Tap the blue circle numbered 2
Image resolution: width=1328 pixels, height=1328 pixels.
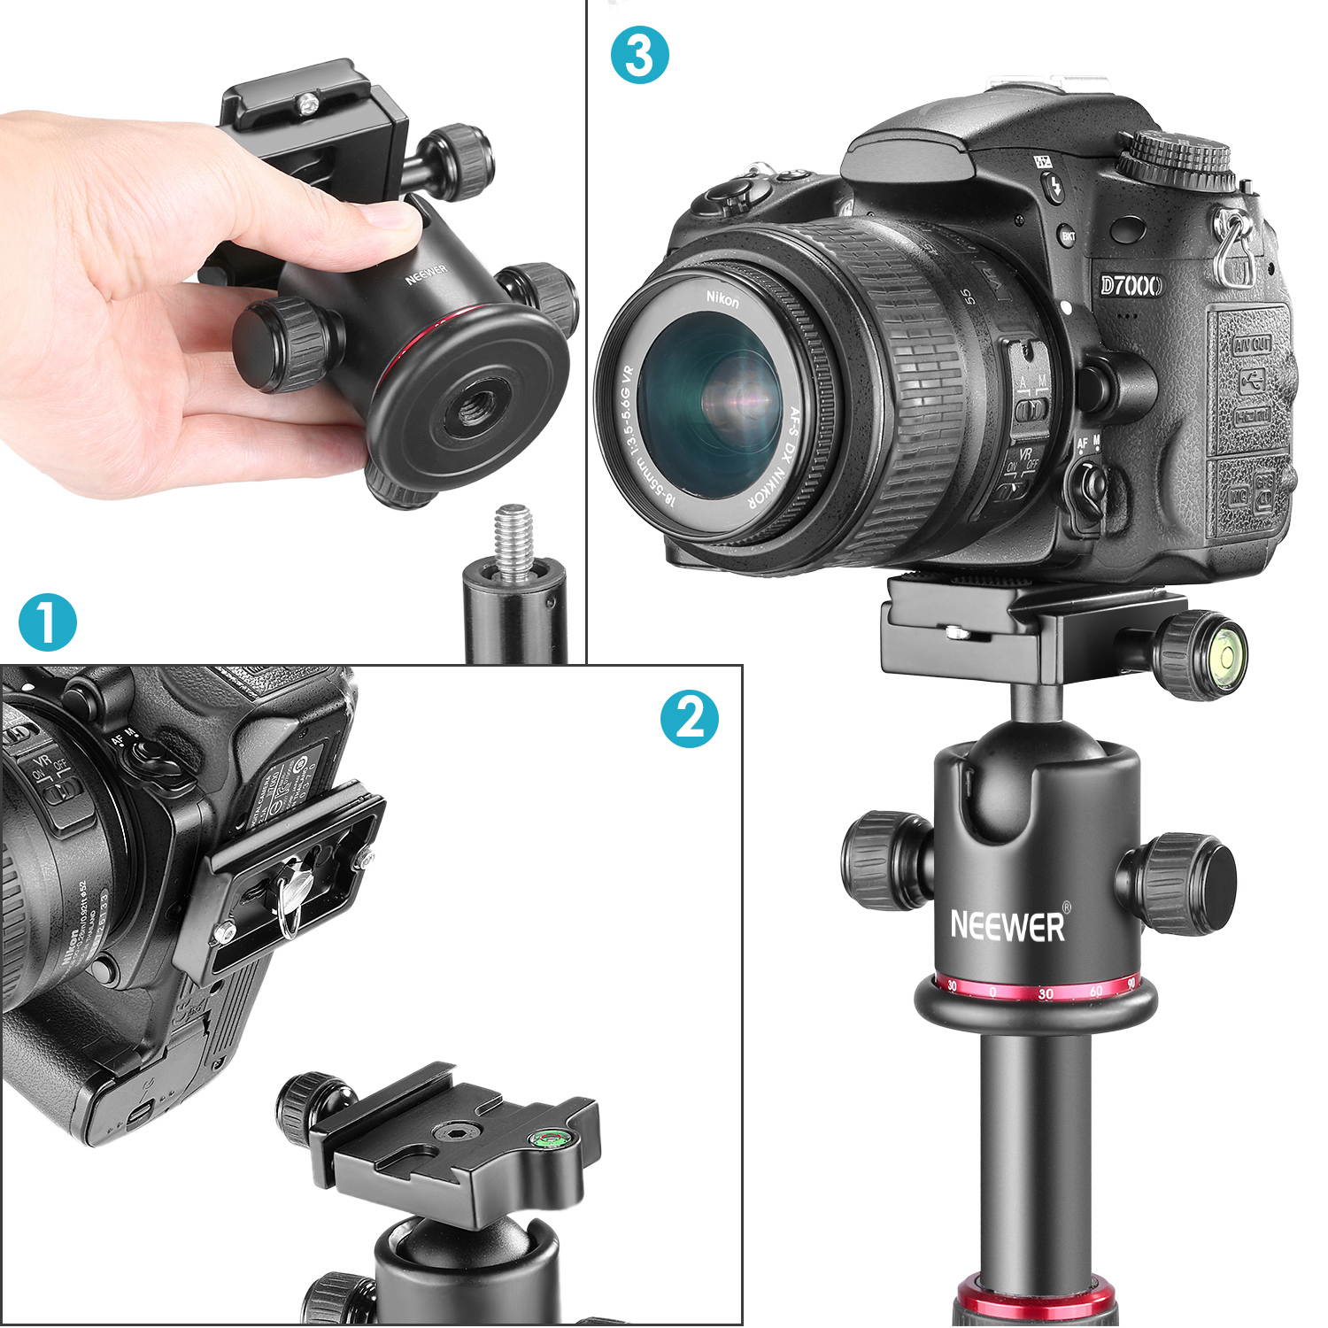click(690, 717)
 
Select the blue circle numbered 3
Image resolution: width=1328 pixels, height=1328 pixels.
click(639, 55)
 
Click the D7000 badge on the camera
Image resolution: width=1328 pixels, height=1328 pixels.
click(1131, 285)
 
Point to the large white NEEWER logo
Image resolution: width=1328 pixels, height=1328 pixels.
click(1008, 925)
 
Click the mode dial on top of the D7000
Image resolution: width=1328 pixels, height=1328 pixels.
click(1174, 158)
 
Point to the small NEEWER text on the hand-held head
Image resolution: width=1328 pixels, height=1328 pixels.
click(427, 274)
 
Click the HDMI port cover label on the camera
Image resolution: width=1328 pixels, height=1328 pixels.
click(1251, 414)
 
